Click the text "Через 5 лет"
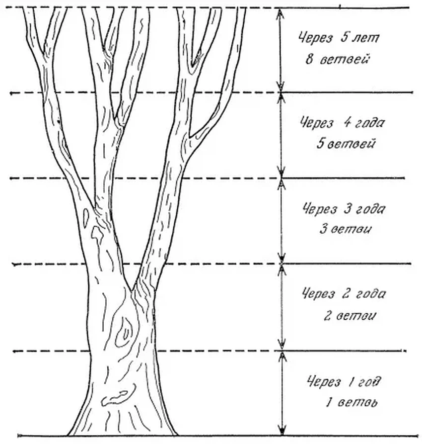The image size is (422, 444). tap(339, 38)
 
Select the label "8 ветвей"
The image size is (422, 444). tap(338, 60)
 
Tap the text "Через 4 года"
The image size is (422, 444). tap(342, 123)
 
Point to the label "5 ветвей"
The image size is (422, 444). tap(346, 144)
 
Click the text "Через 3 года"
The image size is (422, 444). tap(344, 209)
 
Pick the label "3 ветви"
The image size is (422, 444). tap(346, 229)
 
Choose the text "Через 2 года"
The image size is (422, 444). tap(344, 294)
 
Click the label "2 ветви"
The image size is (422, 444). tap(350, 315)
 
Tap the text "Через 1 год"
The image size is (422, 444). tap(344, 381)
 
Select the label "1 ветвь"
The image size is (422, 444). tap(352, 402)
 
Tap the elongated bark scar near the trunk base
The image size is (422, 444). tap(115, 398)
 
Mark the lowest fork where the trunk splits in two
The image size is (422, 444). tap(132, 290)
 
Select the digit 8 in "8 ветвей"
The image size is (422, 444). tap(309, 59)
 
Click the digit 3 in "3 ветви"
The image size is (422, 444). tap(323, 229)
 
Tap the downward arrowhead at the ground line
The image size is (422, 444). tap(281, 430)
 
